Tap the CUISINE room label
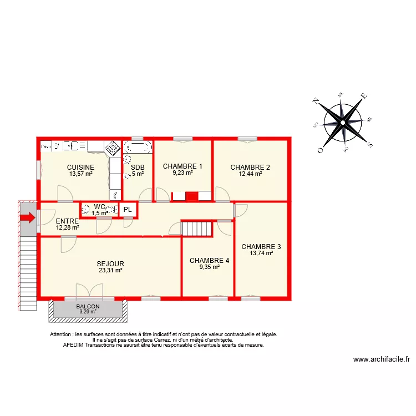tap(80, 167)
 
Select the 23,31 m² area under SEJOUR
tap(110, 271)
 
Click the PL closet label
tap(128, 210)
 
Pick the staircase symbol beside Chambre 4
tap(198, 229)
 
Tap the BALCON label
tap(88, 307)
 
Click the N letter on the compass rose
tap(315, 101)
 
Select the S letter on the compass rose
tap(370, 145)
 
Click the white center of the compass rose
tap(343, 123)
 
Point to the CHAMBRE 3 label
tap(261, 247)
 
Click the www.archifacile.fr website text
tap(381, 359)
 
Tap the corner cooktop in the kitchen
tap(113, 148)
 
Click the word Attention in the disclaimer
tap(62, 334)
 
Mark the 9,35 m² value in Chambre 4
tap(209, 267)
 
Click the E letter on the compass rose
tap(364, 96)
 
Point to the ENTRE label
tap(67, 221)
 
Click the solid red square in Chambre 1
tap(191, 196)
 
